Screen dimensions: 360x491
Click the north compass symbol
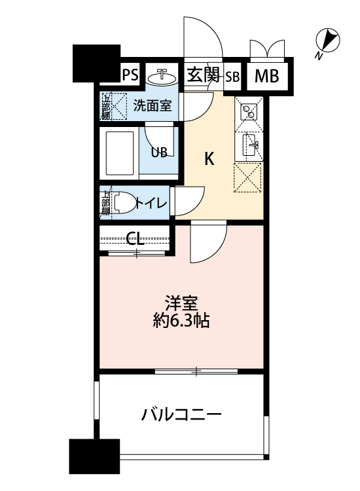327,40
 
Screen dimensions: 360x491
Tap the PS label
130,75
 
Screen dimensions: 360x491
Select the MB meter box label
266,76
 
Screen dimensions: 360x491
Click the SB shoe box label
232,77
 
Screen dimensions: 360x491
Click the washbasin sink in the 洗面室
162,77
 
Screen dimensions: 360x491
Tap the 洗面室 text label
153,105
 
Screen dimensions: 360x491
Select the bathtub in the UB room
120,153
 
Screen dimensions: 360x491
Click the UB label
159,152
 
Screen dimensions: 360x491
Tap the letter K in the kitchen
209,159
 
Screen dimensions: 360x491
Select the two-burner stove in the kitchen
249,112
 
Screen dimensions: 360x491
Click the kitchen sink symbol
251,145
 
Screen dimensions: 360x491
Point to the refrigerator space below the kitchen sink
247,177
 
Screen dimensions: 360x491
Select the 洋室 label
181,303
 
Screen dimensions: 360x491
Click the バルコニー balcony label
181,414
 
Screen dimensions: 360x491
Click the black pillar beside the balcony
94,456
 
